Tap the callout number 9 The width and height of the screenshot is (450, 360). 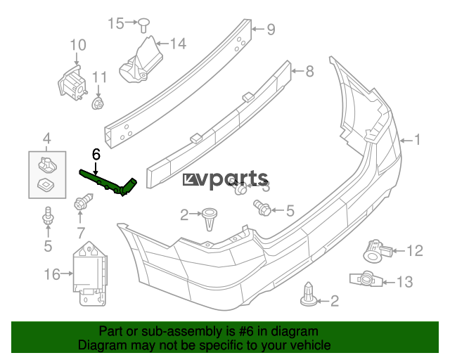[271, 30]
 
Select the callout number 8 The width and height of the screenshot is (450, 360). [309, 70]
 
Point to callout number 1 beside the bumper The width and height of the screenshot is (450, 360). [417, 140]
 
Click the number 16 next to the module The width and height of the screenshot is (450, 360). [53, 274]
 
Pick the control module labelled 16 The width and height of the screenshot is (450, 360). [91, 274]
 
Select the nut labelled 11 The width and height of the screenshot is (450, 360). [98, 105]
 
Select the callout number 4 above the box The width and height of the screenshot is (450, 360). [47, 137]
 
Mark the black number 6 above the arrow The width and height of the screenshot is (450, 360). [96, 153]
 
